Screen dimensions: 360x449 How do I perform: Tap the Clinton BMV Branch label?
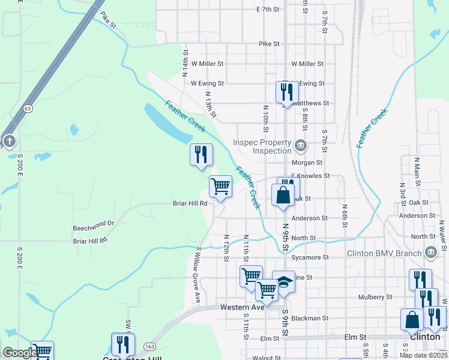[x=385, y=253]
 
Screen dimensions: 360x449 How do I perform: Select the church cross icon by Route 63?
[x=10, y=142]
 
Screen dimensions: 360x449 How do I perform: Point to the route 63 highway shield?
[x=28, y=109]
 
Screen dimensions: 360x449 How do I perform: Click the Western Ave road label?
[x=243, y=307]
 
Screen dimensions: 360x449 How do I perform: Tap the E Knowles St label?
[x=310, y=176]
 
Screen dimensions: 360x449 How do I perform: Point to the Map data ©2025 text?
[x=423, y=355]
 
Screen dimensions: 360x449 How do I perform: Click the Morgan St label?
[x=307, y=163]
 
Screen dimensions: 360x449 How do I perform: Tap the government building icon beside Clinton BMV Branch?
[x=430, y=253]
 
